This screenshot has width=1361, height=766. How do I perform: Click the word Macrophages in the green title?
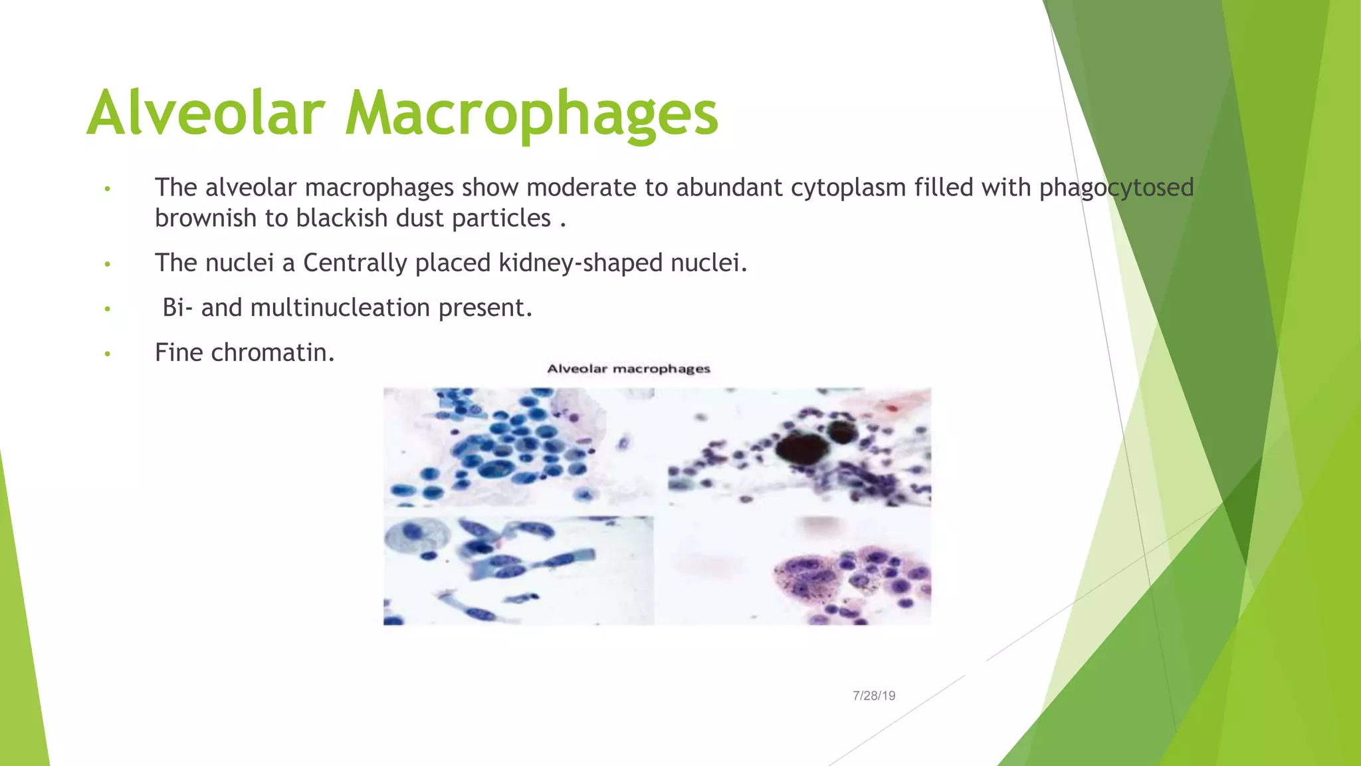pos(532,114)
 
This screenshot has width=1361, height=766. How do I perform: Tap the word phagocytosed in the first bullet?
pos(1116,188)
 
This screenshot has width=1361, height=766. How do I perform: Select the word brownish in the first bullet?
pos(205,218)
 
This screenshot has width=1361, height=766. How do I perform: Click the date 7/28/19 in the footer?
pos(874,696)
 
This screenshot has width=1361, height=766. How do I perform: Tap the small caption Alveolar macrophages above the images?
pos(629,369)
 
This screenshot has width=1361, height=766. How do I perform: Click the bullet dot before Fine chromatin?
pos(107,354)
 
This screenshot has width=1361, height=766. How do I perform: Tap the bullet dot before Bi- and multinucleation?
pos(107,309)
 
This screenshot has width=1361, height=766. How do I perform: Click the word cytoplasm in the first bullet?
pos(848,188)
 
